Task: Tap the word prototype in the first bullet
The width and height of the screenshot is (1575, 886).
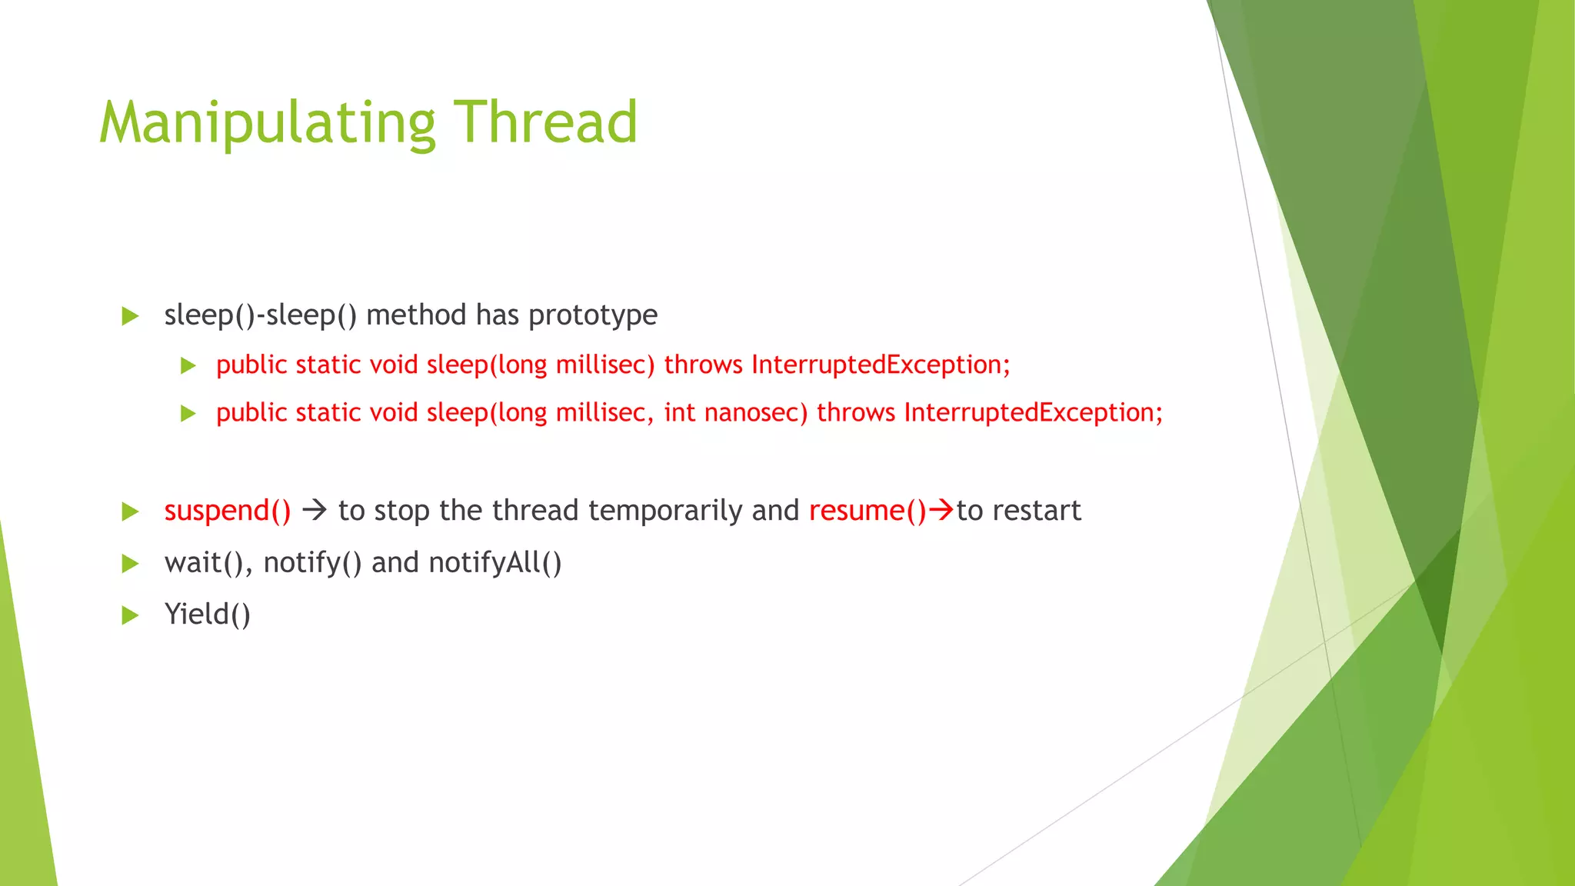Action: tap(593, 315)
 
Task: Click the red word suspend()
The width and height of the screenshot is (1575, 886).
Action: tap(228, 511)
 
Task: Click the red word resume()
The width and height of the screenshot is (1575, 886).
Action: tap(867, 511)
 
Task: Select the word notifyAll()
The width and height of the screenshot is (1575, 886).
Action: tap(495, 563)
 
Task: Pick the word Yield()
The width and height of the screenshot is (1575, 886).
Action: tap(208, 615)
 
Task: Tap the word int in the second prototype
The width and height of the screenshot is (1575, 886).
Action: tap(680, 413)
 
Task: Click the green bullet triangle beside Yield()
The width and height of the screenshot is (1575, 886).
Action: tap(130, 615)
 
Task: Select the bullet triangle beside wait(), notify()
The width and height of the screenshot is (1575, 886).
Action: tap(130, 564)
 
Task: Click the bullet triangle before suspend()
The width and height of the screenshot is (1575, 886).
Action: tap(130, 511)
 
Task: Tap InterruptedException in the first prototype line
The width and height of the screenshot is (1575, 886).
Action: tap(880, 365)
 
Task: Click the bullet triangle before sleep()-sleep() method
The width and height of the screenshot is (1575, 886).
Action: tap(130, 316)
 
